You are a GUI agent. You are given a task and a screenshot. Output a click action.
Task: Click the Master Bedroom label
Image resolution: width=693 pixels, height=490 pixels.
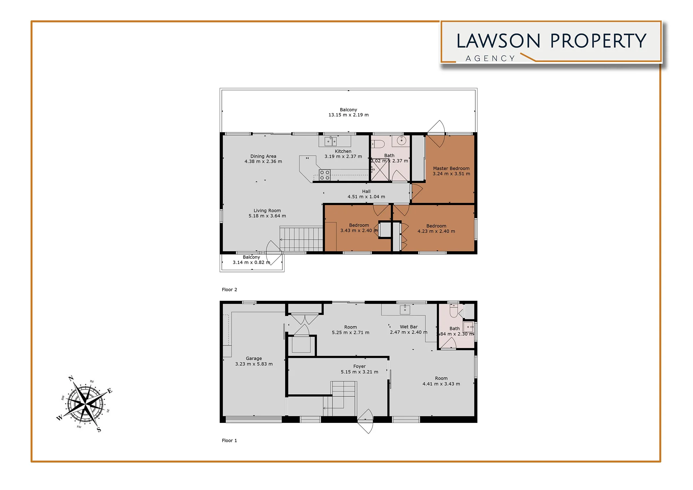(451, 168)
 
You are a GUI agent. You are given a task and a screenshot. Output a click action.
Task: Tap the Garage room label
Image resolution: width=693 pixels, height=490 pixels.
(254, 359)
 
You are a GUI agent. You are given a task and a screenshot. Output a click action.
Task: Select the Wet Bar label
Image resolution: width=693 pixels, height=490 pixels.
(408, 327)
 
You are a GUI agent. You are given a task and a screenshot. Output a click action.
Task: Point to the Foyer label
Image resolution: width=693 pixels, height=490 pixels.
(359, 366)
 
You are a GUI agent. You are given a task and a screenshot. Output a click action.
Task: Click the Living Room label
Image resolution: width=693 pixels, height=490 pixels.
(267, 211)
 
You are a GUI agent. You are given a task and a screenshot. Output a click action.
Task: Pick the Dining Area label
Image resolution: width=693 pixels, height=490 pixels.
(263, 156)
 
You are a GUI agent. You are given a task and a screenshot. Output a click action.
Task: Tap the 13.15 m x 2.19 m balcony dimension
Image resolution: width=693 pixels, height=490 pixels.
(348, 115)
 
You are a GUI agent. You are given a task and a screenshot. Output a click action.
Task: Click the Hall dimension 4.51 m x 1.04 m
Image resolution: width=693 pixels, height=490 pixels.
(366, 197)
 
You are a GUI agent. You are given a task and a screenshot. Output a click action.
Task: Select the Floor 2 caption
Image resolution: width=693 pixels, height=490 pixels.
(229, 290)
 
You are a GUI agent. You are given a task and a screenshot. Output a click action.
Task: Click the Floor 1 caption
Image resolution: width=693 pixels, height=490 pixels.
(229, 441)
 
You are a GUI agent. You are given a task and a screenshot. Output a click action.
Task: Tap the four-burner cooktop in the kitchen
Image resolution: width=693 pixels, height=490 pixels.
(325, 175)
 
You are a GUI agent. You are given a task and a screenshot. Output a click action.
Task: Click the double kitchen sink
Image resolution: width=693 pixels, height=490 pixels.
(330, 141)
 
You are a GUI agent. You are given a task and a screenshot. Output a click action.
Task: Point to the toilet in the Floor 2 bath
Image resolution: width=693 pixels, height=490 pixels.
(378, 144)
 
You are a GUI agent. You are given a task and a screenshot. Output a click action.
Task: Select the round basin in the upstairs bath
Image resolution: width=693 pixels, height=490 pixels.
(402, 140)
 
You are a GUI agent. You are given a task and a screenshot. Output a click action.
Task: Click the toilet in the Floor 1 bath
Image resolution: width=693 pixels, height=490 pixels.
(454, 310)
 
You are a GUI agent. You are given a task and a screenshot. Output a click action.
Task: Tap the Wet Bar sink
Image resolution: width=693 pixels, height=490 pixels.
(405, 309)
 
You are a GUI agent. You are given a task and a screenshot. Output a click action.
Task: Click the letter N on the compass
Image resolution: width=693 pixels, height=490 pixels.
(71, 378)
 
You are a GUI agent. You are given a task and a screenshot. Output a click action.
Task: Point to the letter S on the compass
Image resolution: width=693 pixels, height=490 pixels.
(99, 430)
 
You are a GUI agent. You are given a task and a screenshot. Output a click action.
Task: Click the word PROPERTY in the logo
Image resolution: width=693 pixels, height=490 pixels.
(598, 41)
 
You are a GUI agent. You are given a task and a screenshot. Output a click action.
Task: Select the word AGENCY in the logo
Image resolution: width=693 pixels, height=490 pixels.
(490, 58)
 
